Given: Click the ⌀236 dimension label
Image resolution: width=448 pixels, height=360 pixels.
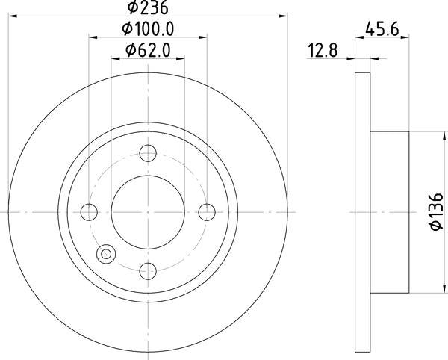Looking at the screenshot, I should (148, 8).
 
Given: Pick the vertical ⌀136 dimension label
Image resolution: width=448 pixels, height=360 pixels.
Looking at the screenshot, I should (431, 213).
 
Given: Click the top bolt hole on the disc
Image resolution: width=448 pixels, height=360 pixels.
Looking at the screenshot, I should (148, 153).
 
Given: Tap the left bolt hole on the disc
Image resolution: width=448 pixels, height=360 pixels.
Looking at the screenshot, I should (90, 211).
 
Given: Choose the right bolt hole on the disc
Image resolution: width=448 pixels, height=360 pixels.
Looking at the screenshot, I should (206, 211).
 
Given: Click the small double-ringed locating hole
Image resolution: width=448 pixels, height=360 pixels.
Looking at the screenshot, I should (106, 254).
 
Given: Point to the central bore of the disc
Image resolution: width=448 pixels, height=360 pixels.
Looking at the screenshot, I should (148, 211).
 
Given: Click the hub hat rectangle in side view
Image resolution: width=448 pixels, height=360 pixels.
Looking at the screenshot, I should (390, 213).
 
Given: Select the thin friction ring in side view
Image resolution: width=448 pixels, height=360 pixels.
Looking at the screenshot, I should (362, 213).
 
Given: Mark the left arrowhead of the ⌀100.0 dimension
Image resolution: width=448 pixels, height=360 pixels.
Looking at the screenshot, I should (93, 35).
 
